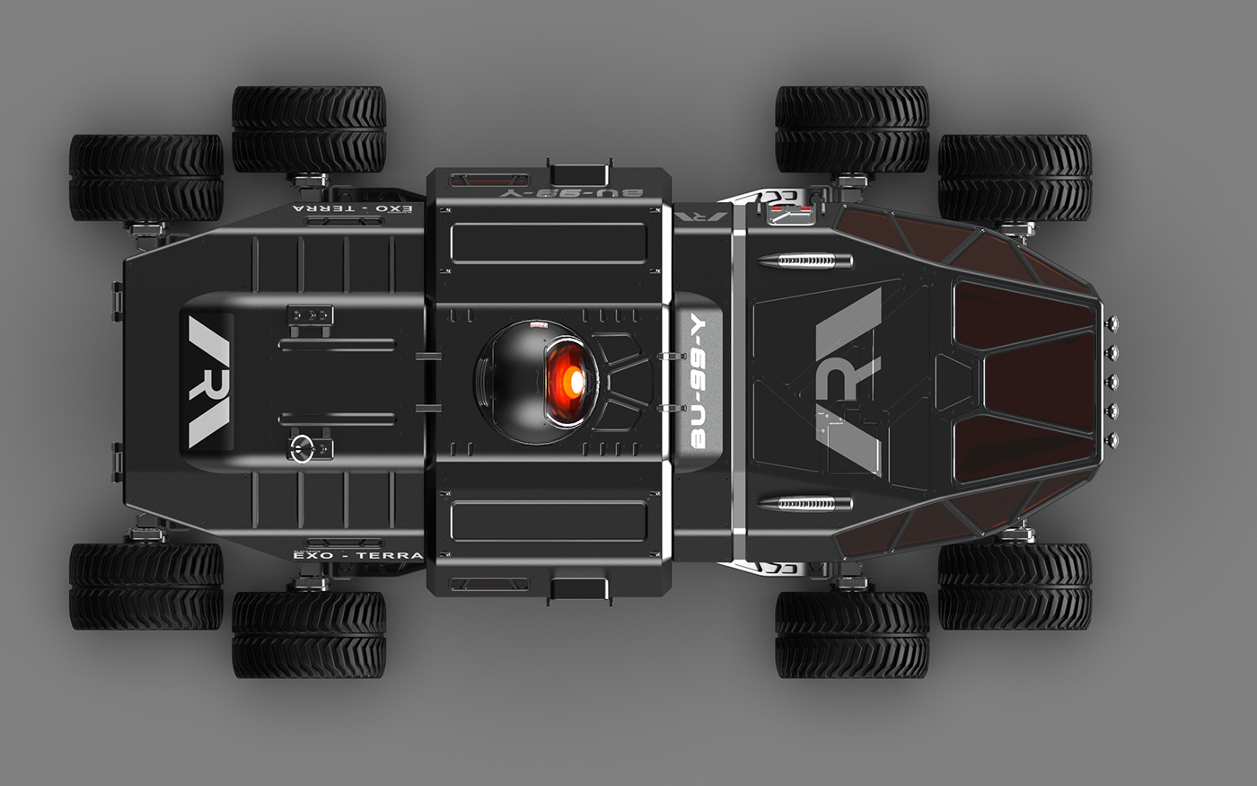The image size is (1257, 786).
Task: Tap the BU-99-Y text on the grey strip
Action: tap(699, 383)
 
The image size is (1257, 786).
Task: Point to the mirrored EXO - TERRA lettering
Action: tap(356, 208)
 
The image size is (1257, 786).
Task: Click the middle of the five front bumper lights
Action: tap(1114, 382)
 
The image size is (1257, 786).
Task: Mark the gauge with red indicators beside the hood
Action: tap(791, 213)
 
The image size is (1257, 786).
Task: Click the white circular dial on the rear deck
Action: tap(302, 446)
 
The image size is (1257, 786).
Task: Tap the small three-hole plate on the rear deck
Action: tap(310, 315)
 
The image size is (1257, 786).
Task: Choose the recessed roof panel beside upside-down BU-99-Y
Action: tap(549, 243)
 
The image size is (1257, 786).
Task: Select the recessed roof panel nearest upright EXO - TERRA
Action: tap(549, 521)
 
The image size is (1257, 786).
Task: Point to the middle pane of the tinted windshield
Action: tap(1033, 382)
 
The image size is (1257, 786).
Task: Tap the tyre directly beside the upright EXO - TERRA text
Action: tap(309, 634)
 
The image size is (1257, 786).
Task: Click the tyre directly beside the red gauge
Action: tap(851, 129)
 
